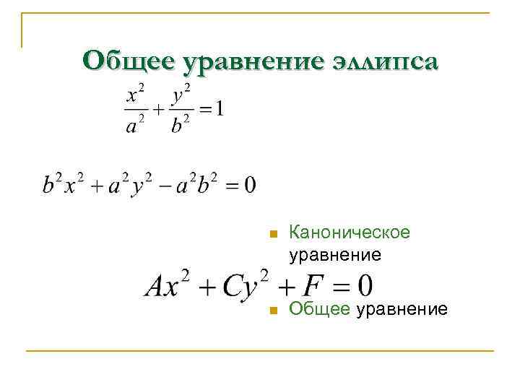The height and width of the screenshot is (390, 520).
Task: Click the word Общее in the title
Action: pos(130,61)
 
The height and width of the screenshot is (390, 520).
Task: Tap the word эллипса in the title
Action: pos(383,61)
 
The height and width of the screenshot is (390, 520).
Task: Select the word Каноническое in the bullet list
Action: pos(349,233)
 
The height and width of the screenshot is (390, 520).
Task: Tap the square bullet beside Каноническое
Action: pos(272,234)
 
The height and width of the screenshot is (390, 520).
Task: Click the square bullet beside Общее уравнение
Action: pos(272,311)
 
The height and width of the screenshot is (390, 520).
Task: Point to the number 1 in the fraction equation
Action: pos(220,110)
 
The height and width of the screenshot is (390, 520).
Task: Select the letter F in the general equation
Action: pos(312,286)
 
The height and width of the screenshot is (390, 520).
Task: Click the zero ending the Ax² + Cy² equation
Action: pos(364,286)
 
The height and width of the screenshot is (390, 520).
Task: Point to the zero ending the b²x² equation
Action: pos(249,185)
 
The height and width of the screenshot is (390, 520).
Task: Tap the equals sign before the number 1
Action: pos(206,110)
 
